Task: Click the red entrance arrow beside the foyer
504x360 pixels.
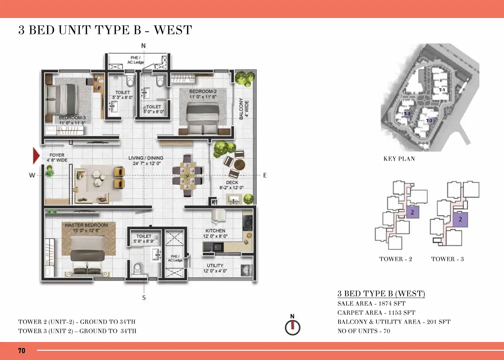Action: tap(36, 155)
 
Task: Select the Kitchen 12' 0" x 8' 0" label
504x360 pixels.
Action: tap(215, 233)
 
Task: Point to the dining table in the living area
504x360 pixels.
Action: tap(187, 175)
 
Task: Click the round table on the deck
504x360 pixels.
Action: tap(239, 164)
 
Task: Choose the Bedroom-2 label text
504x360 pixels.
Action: tap(203, 94)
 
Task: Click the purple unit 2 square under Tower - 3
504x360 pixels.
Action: tap(460, 219)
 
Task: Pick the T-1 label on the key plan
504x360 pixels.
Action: tap(442, 90)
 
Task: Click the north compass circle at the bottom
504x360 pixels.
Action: tap(293, 327)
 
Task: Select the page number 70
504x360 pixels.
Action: tap(22, 351)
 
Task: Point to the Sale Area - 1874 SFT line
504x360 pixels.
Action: tap(371, 303)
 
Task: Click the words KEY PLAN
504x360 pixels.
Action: tap(399, 159)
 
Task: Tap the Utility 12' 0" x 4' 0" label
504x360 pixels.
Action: tap(215, 268)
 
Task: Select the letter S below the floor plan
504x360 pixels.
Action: tap(144, 297)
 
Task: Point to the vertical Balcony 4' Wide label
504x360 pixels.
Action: tap(244, 109)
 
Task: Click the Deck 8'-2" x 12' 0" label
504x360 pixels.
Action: tap(232, 185)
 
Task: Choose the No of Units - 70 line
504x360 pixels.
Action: tap(364, 331)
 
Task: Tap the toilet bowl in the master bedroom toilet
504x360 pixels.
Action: tap(137, 269)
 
